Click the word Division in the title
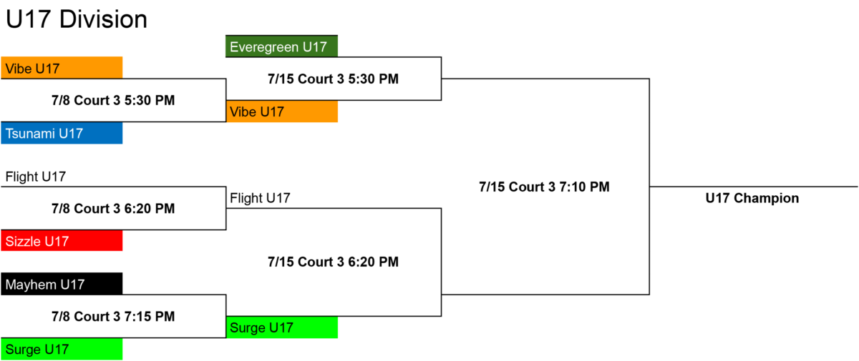click(103, 19)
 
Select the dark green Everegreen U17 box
click(281, 46)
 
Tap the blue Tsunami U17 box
click(62, 133)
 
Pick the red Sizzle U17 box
click(62, 240)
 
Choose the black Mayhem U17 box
click(62, 284)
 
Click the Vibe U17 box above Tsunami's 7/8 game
click(62, 68)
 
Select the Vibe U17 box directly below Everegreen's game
click(282, 112)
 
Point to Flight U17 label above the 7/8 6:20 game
click(36, 177)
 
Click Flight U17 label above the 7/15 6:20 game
click(260, 198)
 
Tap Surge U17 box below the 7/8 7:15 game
click(62, 349)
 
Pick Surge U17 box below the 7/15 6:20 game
click(282, 327)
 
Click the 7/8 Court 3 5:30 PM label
click(113, 100)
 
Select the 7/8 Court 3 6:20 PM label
click(113, 209)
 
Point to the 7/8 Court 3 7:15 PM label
click(113, 317)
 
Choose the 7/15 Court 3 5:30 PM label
click(334, 79)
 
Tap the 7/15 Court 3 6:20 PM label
click(334, 262)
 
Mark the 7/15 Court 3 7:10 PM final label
click(544, 187)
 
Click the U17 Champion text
click(752, 198)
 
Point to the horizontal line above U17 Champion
click(754, 187)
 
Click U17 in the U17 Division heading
click(29, 19)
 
